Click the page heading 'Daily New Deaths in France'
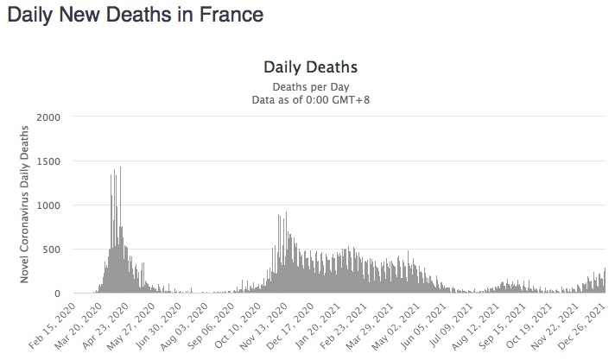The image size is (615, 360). tap(135, 16)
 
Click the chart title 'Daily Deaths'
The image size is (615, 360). tap(310, 66)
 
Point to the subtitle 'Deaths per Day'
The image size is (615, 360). tap(310, 86)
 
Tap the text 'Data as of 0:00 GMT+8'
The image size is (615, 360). tap(310, 100)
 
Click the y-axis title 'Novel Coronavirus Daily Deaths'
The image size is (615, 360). tap(25, 204)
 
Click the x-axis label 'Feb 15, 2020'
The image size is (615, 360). tap(53, 325)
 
